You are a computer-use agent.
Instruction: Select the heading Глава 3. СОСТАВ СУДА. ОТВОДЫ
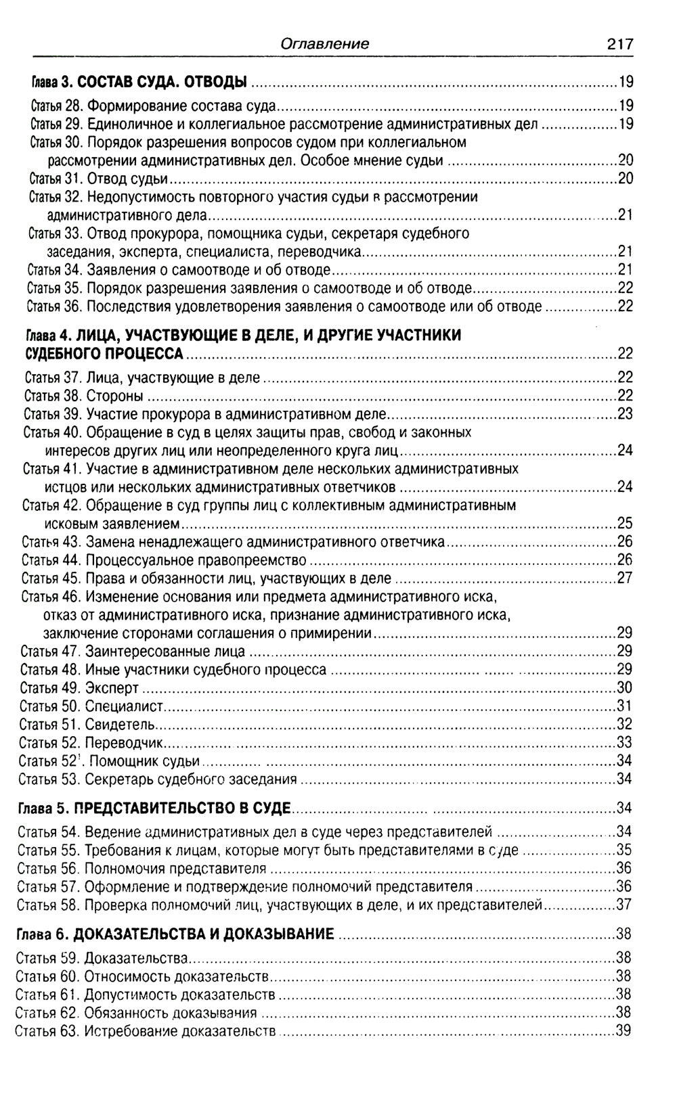[139, 83]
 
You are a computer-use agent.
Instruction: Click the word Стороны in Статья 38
[114, 396]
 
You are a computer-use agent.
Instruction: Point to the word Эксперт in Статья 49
[112, 688]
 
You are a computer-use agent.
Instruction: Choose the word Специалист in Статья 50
[125, 706]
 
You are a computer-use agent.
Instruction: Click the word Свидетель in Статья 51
[121, 725]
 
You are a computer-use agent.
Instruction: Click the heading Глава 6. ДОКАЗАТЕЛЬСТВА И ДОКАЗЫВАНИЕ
[175, 934]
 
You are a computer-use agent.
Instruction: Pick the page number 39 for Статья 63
[623, 1031]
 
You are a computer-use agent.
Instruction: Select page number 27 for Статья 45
[624, 578]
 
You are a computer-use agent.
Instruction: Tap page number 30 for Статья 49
[624, 688]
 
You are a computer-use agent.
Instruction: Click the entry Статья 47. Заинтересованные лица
[133, 652]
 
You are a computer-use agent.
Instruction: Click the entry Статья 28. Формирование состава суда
[153, 106]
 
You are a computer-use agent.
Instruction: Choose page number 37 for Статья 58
[624, 905]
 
